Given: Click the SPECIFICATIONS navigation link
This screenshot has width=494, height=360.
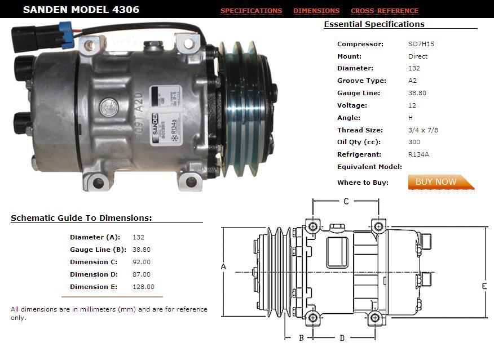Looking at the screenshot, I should click(251, 11).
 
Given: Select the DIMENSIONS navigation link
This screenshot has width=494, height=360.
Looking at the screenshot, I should click(316, 11).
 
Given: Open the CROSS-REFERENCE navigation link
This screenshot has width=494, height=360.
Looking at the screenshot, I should click(384, 11).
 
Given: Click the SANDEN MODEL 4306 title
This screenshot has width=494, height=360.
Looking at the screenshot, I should click(81, 10).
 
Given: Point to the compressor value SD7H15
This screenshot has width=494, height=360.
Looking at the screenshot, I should click(421, 44).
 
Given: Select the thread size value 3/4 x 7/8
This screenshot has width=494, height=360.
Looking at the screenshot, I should click(423, 130).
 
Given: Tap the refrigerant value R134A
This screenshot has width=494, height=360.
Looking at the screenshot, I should click(418, 154).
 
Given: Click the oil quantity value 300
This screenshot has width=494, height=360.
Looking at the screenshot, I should click(414, 142).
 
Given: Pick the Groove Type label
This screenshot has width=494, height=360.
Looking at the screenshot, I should click(361, 81).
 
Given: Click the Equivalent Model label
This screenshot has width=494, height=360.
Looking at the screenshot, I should click(369, 167).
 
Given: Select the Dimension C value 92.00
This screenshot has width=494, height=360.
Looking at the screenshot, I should click(141, 262).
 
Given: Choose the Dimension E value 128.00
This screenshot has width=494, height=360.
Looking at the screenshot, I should click(143, 287).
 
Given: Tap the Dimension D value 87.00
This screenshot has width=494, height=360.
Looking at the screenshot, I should click(141, 274).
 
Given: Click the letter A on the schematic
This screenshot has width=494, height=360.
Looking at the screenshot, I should click(223, 266).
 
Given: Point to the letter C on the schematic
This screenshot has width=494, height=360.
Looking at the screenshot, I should click(346, 201).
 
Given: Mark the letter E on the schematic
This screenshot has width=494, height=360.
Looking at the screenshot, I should click(484, 286).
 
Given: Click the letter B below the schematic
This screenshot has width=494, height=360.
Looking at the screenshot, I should click(301, 338).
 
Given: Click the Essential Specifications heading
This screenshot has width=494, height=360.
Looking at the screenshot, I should click(374, 24).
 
